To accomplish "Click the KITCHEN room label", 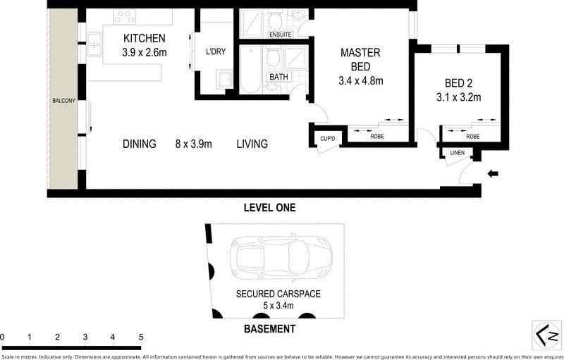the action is pos(145,38).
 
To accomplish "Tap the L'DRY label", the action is pos(216,51).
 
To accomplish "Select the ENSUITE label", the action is pos(280,35).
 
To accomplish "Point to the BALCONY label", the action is pos(63,101).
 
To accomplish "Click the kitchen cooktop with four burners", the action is pos(125,17).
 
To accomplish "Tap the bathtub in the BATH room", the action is pos(251,69).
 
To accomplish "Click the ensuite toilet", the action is pos(275,21).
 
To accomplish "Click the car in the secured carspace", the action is pos(281,257).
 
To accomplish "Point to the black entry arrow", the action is pos(492,174).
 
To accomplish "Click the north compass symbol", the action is pos(548,336).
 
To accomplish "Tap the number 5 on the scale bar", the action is pos(140,337).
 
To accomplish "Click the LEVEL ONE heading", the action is pos(270,207).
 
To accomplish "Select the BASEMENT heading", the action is pos(270,329).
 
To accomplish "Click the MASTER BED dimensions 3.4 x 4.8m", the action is pos(361,81).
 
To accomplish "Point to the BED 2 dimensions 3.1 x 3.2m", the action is pos(459,97).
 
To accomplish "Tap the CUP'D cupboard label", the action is pos(328,138).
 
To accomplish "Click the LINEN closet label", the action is pos(457,153).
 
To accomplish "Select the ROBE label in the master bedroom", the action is pos(377,137).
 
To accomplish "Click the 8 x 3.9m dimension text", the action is pos(193,144).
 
